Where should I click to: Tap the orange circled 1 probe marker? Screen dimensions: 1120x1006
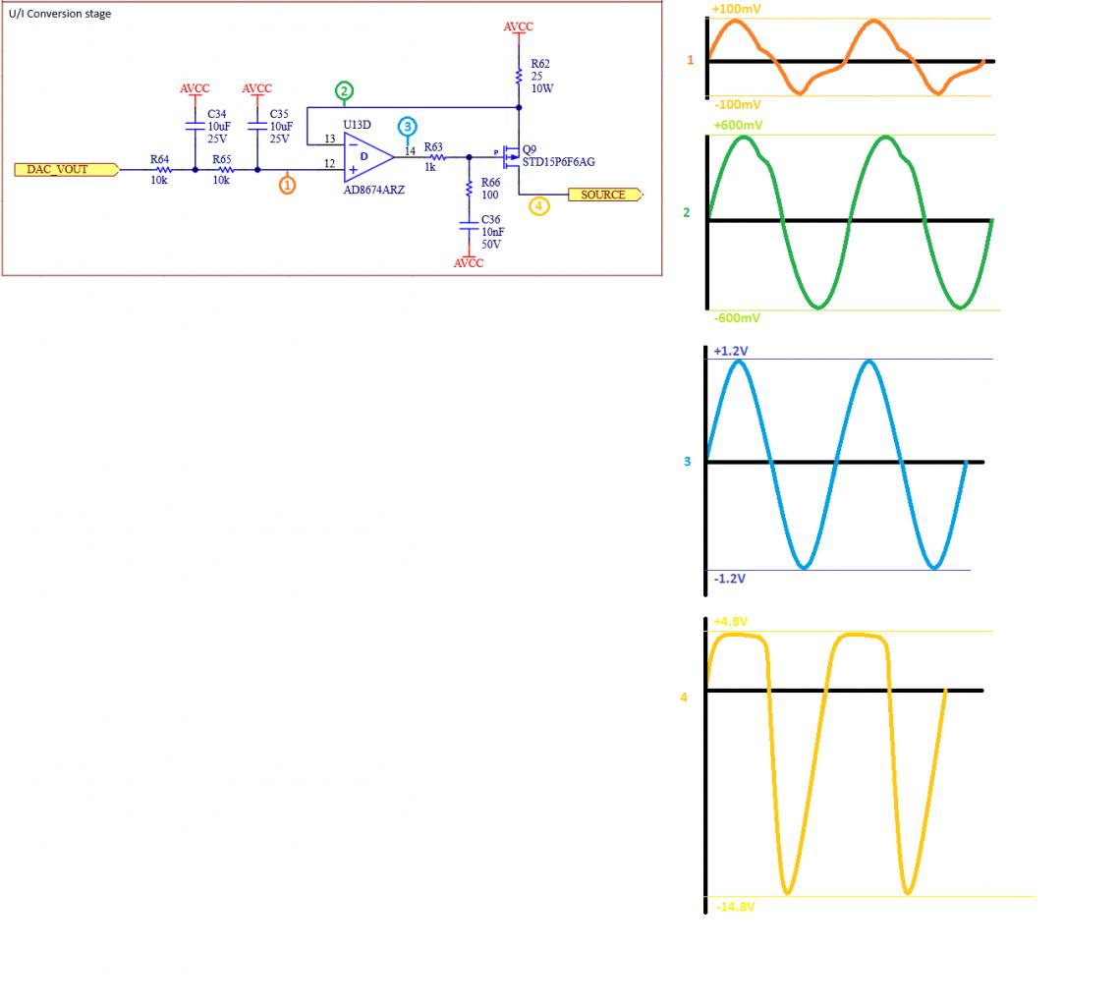tap(287, 185)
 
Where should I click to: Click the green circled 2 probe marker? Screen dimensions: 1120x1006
tap(344, 91)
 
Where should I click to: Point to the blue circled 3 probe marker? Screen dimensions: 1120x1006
tap(408, 126)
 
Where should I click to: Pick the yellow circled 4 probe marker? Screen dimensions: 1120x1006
tap(538, 205)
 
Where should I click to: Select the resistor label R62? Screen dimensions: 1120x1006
tap(540, 64)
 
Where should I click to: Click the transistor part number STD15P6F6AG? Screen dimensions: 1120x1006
tap(559, 162)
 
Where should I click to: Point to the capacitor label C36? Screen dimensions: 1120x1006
tap(491, 220)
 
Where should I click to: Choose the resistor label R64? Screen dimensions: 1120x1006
tap(159, 158)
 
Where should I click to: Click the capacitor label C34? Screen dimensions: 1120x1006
tap(217, 114)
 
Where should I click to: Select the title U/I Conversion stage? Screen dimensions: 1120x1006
tap(60, 14)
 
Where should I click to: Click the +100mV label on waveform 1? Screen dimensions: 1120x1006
tap(737, 9)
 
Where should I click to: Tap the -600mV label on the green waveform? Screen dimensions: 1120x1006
tap(737, 318)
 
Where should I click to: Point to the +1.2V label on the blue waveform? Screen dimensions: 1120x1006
tap(731, 351)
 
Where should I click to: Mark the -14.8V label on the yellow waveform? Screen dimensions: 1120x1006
tap(735, 906)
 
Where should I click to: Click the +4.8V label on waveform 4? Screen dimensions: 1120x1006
tap(731, 621)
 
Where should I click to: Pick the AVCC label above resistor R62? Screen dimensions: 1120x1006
tap(518, 27)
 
